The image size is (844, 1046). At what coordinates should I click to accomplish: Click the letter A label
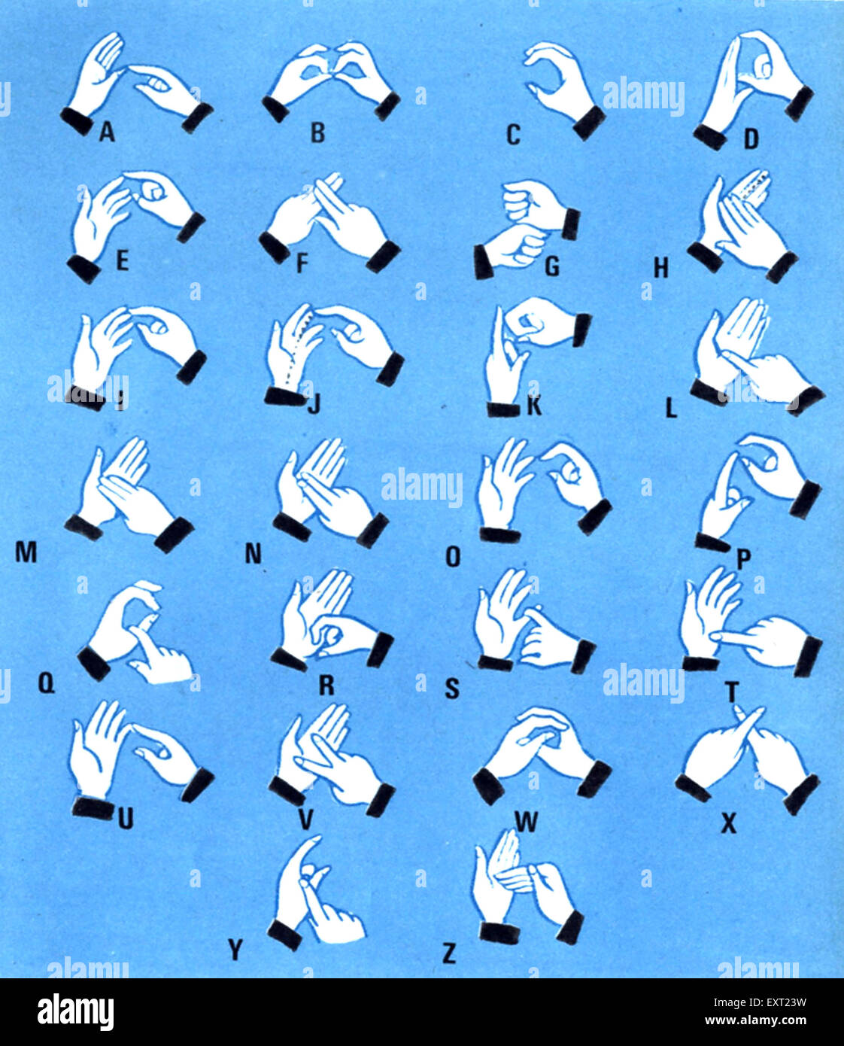coord(107,133)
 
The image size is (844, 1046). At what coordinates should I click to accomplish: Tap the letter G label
coord(552,266)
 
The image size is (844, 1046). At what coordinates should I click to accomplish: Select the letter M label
coord(26,553)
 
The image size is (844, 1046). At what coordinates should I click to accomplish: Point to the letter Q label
coord(46,686)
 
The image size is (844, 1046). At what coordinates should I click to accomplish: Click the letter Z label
coord(449,954)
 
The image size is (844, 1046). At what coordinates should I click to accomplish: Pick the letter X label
coord(728,824)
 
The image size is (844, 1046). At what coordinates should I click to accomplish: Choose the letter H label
coord(660,269)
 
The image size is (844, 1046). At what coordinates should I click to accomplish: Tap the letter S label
coord(451,688)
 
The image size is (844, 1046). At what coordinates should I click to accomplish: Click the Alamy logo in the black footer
coord(76,1012)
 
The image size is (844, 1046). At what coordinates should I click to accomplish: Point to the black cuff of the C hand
coord(588,122)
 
